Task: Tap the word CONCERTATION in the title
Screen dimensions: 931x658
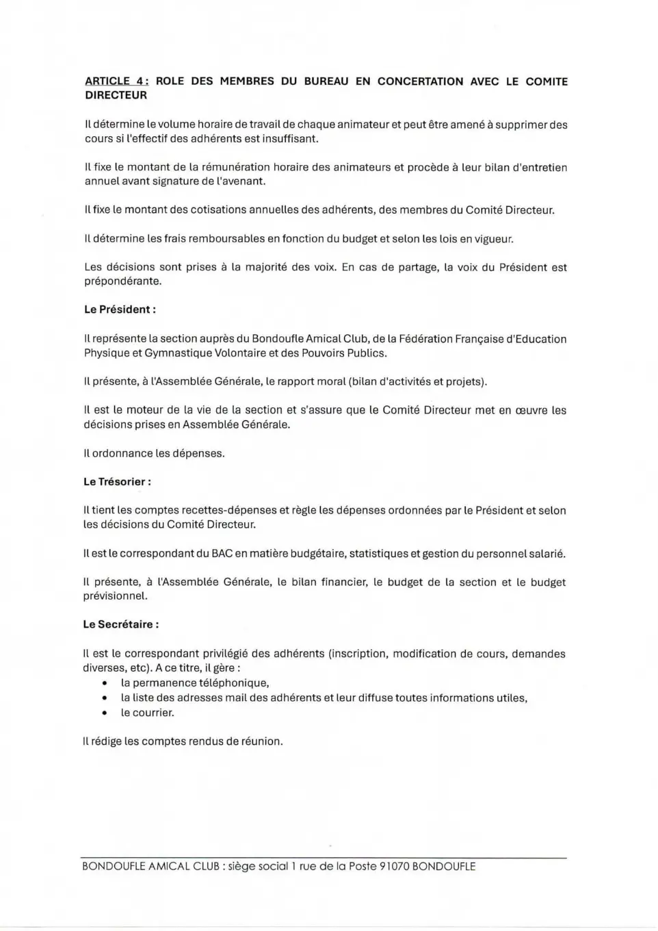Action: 420,81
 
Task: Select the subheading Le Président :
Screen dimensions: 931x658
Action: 120,309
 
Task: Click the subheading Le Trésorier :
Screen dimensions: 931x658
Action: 117,482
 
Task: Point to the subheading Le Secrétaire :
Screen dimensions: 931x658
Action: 121,624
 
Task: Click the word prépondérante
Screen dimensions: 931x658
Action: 122,281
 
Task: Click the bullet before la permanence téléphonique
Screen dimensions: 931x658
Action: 104,683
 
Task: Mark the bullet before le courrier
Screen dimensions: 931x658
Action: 104,713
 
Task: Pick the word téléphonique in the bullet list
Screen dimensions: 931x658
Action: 233,683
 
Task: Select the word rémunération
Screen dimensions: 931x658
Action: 236,168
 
